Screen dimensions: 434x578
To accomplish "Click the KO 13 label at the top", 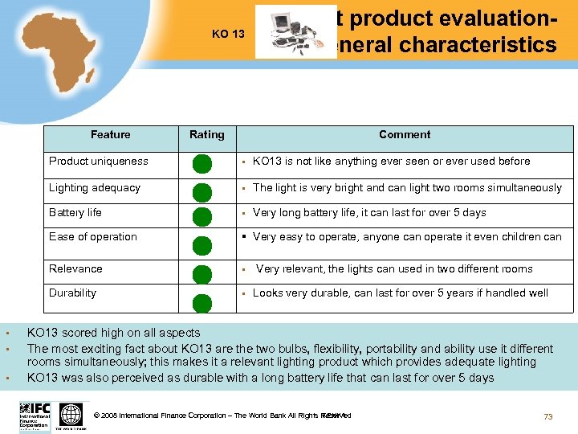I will point(228,34).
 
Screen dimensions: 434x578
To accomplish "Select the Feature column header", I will point(111,135).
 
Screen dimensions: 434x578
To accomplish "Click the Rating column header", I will point(207,135).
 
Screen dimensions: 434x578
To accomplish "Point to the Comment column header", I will point(405,135).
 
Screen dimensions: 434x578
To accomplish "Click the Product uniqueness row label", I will point(99,162).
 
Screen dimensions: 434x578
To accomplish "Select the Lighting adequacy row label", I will point(95,188).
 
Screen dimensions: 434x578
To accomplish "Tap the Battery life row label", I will point(75,213).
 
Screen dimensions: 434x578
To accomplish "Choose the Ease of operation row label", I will point(93,237).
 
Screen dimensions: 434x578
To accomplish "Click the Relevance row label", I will point(75,269).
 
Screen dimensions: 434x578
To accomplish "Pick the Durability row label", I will point(72,293).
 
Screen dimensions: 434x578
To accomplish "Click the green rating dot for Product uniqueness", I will point(202,164).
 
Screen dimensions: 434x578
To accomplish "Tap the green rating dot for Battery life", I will point(202,217).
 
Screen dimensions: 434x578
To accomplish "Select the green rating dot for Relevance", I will point(202,274).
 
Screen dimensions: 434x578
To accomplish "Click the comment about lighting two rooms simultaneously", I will point(407,188).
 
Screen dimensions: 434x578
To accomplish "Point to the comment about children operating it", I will point(407,237).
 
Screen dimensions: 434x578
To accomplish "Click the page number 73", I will point(548,416).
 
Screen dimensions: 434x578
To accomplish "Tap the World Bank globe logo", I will point(71,416).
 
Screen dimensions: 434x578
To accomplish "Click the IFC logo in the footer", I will point(35,416).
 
